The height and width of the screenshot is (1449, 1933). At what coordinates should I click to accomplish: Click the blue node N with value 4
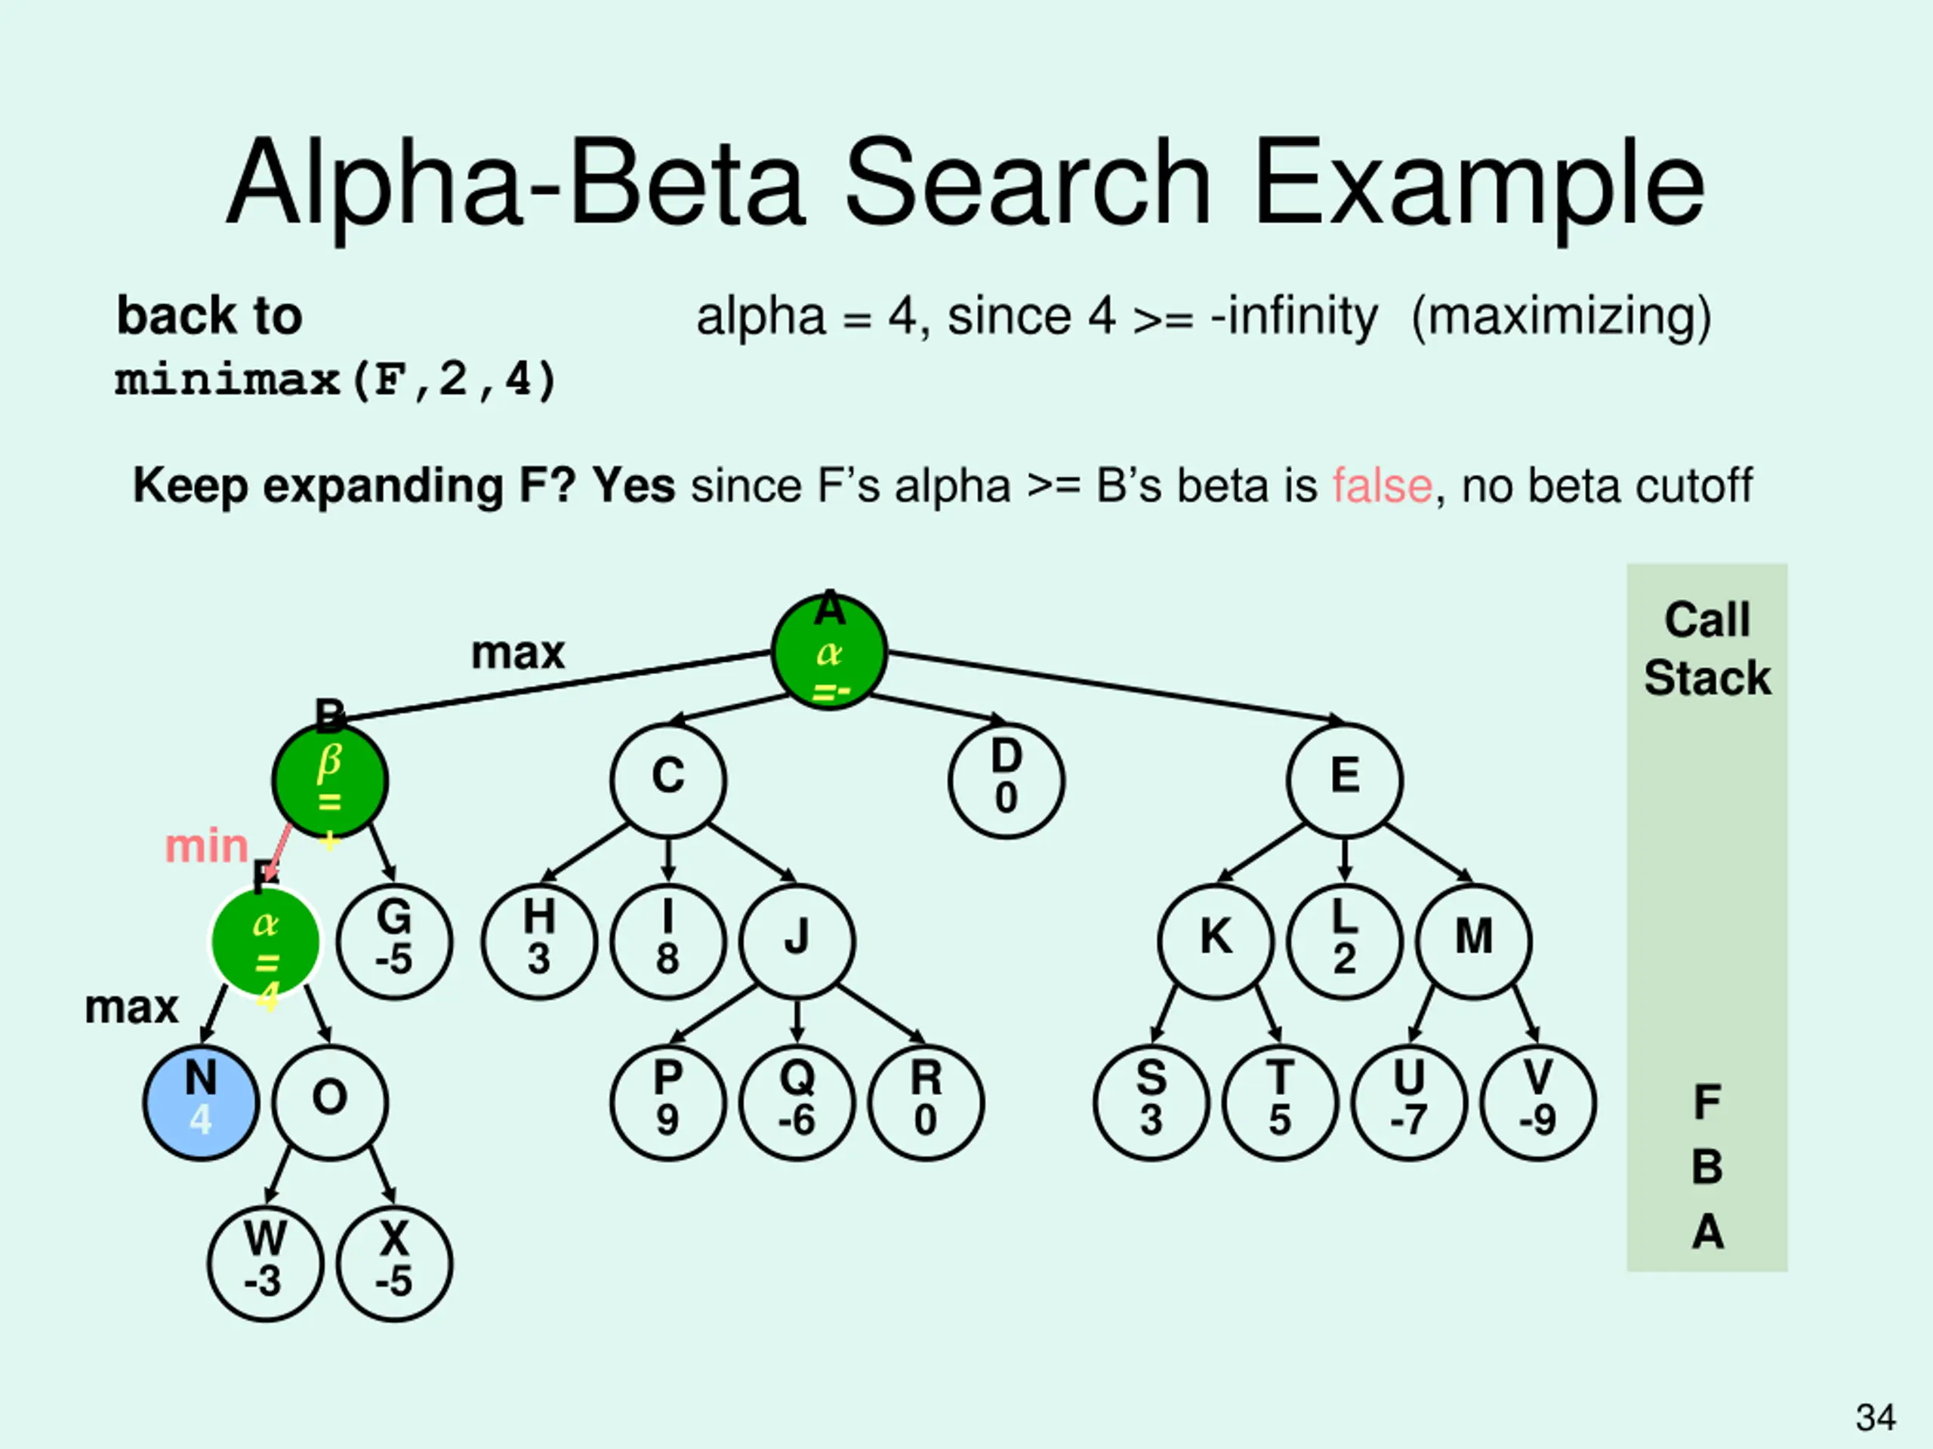(201, 1103)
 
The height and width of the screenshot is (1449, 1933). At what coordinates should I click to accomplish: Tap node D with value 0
(1006, 780)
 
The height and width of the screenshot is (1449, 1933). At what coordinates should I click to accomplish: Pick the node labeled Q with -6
(796, 1103)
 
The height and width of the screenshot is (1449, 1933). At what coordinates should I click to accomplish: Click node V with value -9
(1537, 1103)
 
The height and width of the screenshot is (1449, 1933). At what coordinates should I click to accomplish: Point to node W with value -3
(265, 1263)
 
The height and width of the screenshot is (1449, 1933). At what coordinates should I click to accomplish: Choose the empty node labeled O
(329, 1103)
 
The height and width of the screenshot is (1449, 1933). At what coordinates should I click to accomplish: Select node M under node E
(1473, 940)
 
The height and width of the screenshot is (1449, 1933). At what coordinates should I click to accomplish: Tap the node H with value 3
(539, 940)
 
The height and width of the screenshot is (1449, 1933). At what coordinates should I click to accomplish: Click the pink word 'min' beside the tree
(207, 846)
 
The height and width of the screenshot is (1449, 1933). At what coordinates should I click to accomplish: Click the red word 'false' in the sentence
(1382, 485)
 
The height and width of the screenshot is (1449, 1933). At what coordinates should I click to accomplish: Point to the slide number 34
(1876, 1417)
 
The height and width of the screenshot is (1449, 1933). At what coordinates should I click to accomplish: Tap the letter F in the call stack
(1706, 1103)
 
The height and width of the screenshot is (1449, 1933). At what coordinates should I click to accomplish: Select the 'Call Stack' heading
(1706, 649)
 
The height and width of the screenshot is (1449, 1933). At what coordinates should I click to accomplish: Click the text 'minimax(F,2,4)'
(335, 380)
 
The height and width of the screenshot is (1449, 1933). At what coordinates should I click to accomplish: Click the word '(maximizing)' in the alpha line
(1561, 316)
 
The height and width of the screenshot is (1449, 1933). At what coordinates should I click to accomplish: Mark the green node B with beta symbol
(329, 780)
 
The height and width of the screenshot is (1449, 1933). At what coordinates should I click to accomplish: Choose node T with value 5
(1279, 1103)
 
